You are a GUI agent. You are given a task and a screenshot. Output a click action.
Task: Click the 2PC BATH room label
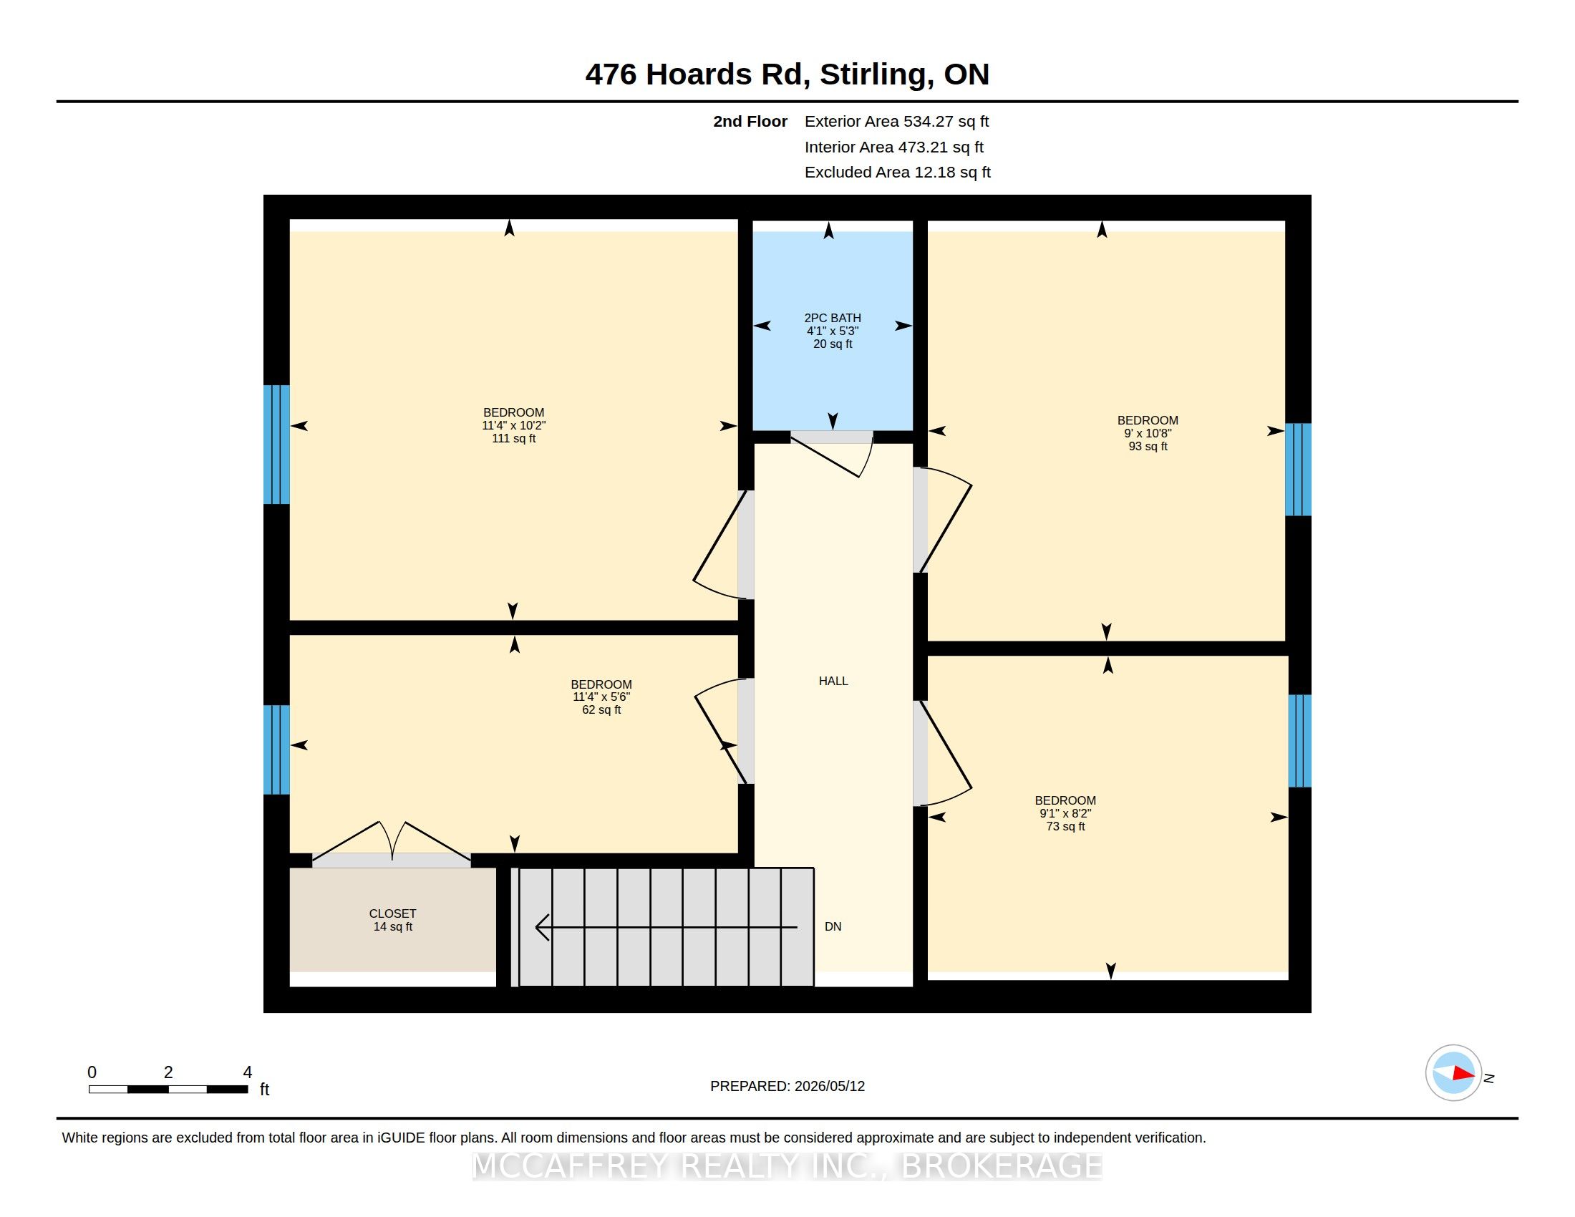pos(832,331)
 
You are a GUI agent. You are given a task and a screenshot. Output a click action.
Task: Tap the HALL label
pos(833,681)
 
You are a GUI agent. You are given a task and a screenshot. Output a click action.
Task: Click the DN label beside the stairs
pos(833,926)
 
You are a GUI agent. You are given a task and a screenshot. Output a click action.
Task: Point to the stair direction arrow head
pos(543,927)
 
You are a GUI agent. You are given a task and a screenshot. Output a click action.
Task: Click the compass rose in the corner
pos(1453,1073)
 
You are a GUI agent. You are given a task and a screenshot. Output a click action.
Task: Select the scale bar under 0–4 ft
pos(168,1089)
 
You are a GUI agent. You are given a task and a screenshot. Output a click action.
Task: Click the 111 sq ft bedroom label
pos(513,425)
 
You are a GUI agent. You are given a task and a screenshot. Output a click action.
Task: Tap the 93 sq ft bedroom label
pos(1148,433)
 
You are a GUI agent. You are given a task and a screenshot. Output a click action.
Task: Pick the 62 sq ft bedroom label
pos(601,697)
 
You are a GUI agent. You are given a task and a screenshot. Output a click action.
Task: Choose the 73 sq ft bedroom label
pos(1065,813)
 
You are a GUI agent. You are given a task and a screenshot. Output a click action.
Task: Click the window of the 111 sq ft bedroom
pos(276,444)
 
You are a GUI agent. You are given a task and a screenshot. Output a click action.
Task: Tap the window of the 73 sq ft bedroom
pos(1299,740)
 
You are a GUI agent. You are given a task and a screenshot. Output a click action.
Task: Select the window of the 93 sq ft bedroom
pos(1298,470)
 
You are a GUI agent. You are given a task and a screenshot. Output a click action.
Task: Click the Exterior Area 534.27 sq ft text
pos(896,121)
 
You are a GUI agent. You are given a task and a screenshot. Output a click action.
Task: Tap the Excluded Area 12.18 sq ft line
pos(897,173)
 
